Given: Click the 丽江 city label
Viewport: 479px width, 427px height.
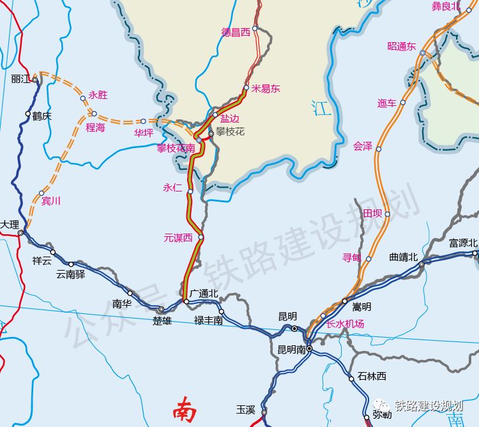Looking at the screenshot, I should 21,79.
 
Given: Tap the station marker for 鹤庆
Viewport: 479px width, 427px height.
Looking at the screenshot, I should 27,114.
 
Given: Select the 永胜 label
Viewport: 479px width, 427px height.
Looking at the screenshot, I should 98,95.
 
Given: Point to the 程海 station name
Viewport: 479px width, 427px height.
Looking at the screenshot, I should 95,128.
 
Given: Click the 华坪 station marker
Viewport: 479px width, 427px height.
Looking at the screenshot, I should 143,121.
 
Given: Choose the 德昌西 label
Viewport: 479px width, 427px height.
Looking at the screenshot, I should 236,31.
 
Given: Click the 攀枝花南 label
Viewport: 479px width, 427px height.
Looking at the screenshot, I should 176,148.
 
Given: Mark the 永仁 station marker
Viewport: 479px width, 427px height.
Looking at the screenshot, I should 190,191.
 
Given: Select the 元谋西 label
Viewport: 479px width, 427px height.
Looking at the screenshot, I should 178,237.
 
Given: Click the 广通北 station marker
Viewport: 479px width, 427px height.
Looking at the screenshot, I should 186,301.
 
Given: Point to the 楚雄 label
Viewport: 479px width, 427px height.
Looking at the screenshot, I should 162,320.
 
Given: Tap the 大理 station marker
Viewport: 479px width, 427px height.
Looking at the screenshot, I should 20,233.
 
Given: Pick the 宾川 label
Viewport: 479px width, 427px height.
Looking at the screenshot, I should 50,201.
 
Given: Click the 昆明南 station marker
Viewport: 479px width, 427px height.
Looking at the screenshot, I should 308,349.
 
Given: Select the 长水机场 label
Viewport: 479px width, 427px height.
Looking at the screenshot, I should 345,324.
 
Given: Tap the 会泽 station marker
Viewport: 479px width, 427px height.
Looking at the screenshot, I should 378,149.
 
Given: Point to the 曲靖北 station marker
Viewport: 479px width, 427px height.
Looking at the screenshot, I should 422,264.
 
